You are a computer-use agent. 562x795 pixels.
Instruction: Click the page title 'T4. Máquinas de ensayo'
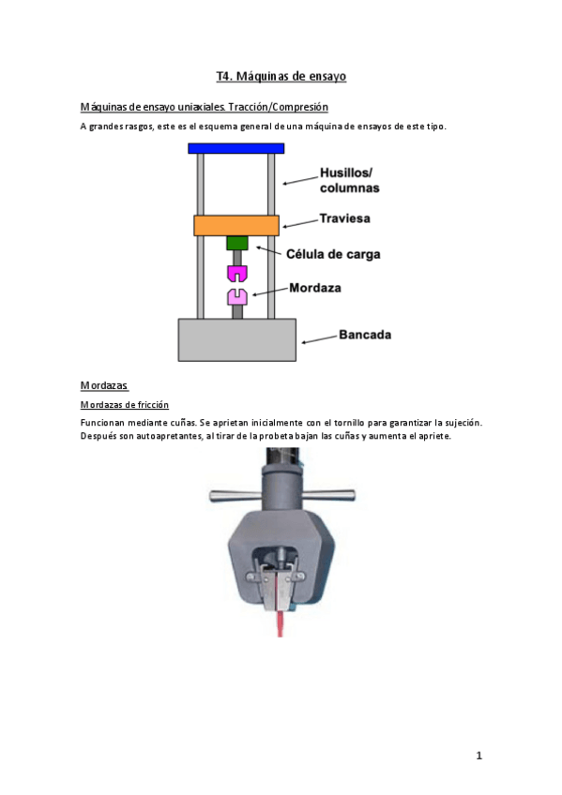pyautogui.click(x=281, y=76)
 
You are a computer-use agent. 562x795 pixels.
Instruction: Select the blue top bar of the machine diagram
pyautogui.click(x=235, y=148)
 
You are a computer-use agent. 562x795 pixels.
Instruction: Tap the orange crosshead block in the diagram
pyautogui.click(x=235, y=225)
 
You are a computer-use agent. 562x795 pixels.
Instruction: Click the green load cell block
pyautogui.click(x=236, y=243)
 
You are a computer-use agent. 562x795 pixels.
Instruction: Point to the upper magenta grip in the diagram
pyautogui.click(x=236, y=274)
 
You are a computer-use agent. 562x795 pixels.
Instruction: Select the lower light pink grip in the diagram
pyautogui.click(x=236, y=297)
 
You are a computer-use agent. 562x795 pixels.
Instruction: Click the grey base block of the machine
pyautogui.click(x=236, y=339)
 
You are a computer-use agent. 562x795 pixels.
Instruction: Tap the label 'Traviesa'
pyautogui.click(x=345, y=218)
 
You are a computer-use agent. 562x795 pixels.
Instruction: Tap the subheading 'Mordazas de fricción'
pyautogui.click(x=125, y=404)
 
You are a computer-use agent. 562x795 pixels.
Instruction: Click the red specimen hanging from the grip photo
pyautogui.click(x=280, y=622)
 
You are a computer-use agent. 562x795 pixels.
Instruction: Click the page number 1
pyautogui.click(x=478, y=755)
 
